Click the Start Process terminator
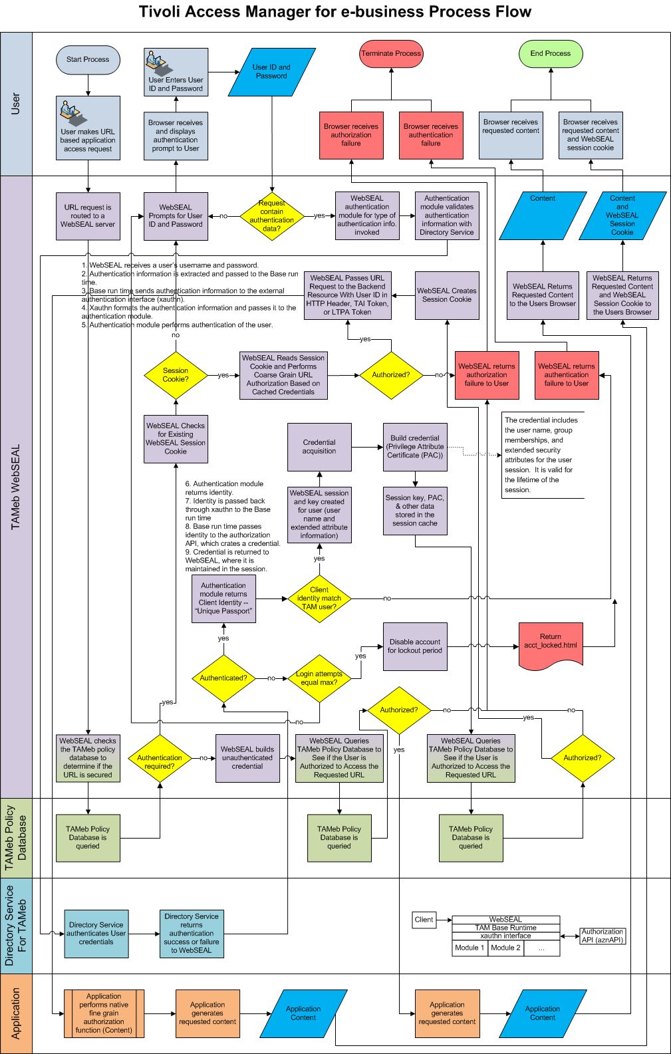(x=88, y=60)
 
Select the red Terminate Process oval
(x=391, y=54)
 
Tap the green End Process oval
(x=551, y=54)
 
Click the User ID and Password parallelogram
(x=271, y=72)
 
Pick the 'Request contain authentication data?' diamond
(x=271, y=216)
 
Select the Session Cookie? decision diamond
(x=176, y=375)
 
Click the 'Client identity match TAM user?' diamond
(x=319, y=598)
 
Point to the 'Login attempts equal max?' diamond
(x=319, y=678)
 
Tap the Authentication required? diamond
(x=160, y=758)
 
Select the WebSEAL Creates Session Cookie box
(x=447, y=295)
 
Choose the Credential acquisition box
(x=319, y=447)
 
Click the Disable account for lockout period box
(x=415, y=646)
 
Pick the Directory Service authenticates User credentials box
(x=96, y=934)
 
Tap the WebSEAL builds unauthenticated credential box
(x=247, y=758)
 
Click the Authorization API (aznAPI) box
(x=603, y=936)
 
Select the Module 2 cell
(x=506, y=948)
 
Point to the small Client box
(x=424, y=920)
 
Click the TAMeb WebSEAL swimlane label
(x=16, y=487)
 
